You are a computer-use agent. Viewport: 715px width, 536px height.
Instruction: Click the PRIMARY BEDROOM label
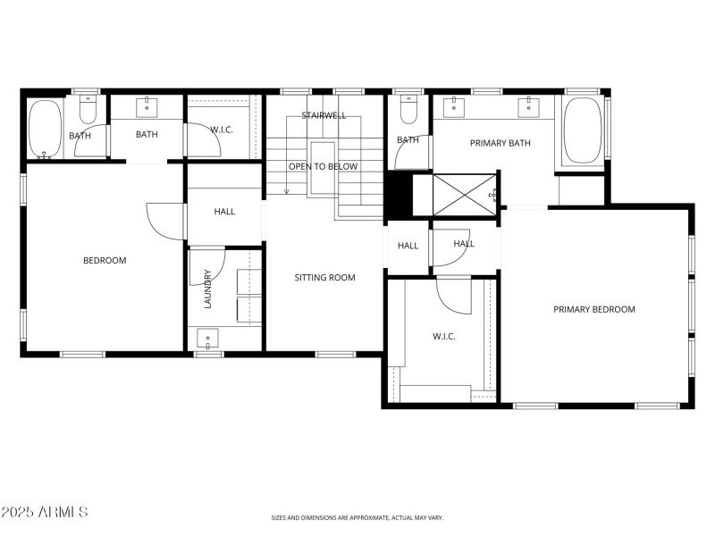click(x=593, y=310)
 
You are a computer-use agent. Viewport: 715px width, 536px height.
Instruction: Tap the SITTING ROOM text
click(x=324, y=278)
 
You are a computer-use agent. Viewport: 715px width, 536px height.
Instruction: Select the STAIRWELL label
click(x=323, y=115)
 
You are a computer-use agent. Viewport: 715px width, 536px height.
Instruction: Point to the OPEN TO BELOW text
click(x=323, y=166)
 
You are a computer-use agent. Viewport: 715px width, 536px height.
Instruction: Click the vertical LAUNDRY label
click(x=207, y=289)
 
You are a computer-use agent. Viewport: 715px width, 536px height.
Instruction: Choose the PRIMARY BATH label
click(x=500, y=143)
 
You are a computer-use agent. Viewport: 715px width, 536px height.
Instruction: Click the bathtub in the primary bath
click(x=583, y=129)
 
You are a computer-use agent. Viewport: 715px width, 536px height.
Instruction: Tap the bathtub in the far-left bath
click(x=44, y=129)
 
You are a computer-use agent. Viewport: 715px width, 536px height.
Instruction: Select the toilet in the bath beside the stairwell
click(x=408, y=110)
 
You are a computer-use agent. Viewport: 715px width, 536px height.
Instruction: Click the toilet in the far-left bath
click(x=88, y=110)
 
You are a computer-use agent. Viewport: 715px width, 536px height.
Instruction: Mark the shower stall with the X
click(x=463, y=195)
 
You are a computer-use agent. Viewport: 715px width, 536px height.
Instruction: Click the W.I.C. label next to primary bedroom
click(x=444, y=337)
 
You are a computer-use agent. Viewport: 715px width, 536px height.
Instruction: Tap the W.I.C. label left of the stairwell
click(x=221, y=130)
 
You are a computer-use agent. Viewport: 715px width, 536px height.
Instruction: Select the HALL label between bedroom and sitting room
click(x=224, y=212)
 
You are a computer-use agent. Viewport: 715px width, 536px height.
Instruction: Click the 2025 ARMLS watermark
click(x=45, y=512)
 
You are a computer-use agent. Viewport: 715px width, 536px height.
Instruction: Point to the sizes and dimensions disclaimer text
click(x=357, y=517)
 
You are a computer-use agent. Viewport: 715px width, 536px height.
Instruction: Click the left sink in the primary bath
click(x=455, y=107)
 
